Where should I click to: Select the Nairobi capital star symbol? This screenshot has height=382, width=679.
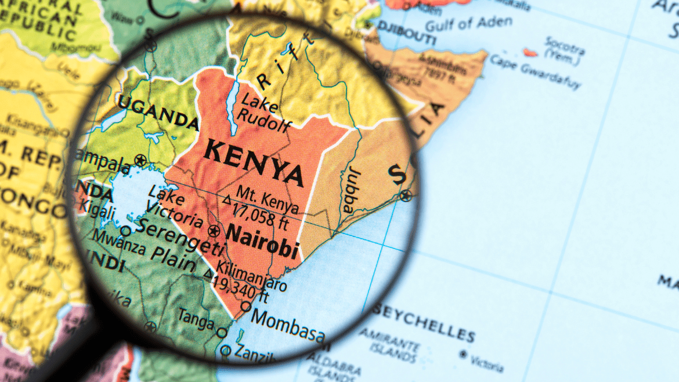pos(214,230)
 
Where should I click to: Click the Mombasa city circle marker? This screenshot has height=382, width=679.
pos(246,306)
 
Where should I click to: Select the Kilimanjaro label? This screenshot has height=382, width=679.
pos(251,276)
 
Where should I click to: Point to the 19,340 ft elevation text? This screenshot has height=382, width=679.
pos(240,290)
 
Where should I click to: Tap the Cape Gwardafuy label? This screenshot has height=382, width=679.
pos(534,70)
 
